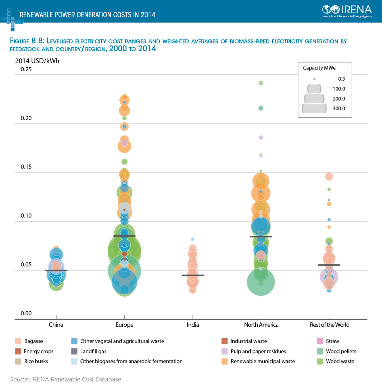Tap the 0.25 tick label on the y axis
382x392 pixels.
26,69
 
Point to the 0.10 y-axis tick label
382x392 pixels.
26,216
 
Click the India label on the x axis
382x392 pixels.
193,325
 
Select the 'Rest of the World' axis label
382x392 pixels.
329,325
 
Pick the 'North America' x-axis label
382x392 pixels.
261,325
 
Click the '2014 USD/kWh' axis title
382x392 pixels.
37,61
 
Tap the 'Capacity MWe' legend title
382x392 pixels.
319,68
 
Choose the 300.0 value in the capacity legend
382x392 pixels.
339,109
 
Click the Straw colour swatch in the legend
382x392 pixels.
320,341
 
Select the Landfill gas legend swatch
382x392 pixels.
74,351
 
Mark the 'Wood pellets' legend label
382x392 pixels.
341,351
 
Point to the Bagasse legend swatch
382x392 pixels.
18,341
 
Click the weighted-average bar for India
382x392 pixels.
193,275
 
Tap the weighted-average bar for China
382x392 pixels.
56,270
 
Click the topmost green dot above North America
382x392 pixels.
261,83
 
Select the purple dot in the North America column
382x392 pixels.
261,137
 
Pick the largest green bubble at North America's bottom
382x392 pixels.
261,282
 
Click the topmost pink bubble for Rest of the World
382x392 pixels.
329,177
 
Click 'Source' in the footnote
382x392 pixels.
19,379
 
